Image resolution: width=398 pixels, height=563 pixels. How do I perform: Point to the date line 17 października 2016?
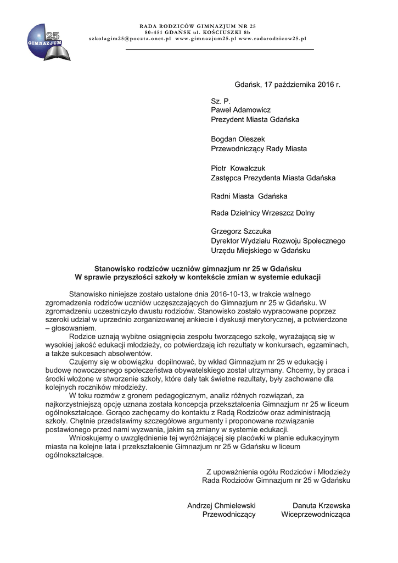288,85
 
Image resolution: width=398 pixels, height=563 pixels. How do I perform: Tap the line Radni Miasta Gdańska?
249,196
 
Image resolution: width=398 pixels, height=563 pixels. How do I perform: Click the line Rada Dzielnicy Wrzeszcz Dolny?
263,213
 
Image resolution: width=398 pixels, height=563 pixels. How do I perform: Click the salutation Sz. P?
221,101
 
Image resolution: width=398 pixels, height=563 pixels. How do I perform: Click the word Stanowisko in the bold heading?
114,268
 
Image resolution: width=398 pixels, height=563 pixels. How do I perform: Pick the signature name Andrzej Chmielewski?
221,506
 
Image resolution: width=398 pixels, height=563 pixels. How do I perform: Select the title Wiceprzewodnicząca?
316,515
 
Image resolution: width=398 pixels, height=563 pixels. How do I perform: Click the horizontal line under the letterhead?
220,49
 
